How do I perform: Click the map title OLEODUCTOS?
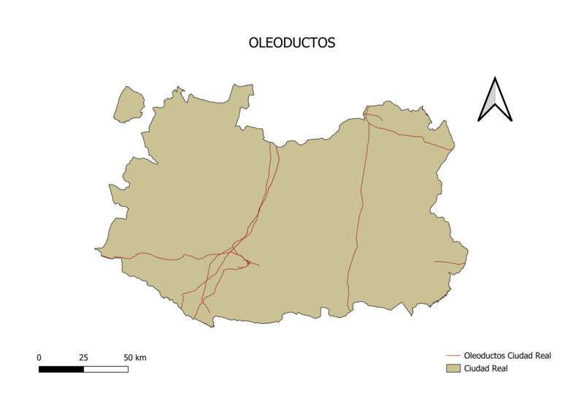(x=292, y=43)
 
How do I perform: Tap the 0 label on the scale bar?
(x=39, y=357)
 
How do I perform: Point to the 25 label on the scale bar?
(x=83, y=357)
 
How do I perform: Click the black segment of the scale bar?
(x=61, y=369)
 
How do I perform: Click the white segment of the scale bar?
(x=106, y=369)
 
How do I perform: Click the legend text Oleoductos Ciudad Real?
(x=507, y=356)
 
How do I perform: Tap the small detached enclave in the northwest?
(x=129, y=104)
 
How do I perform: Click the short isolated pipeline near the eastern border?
(x=449, y=263)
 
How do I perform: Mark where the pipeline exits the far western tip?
(x=97, y=250)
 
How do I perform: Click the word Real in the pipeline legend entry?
(x=541, y=356)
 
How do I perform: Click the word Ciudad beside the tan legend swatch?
(x=477, y=369)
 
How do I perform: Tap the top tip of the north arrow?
(x=495, y=78)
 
